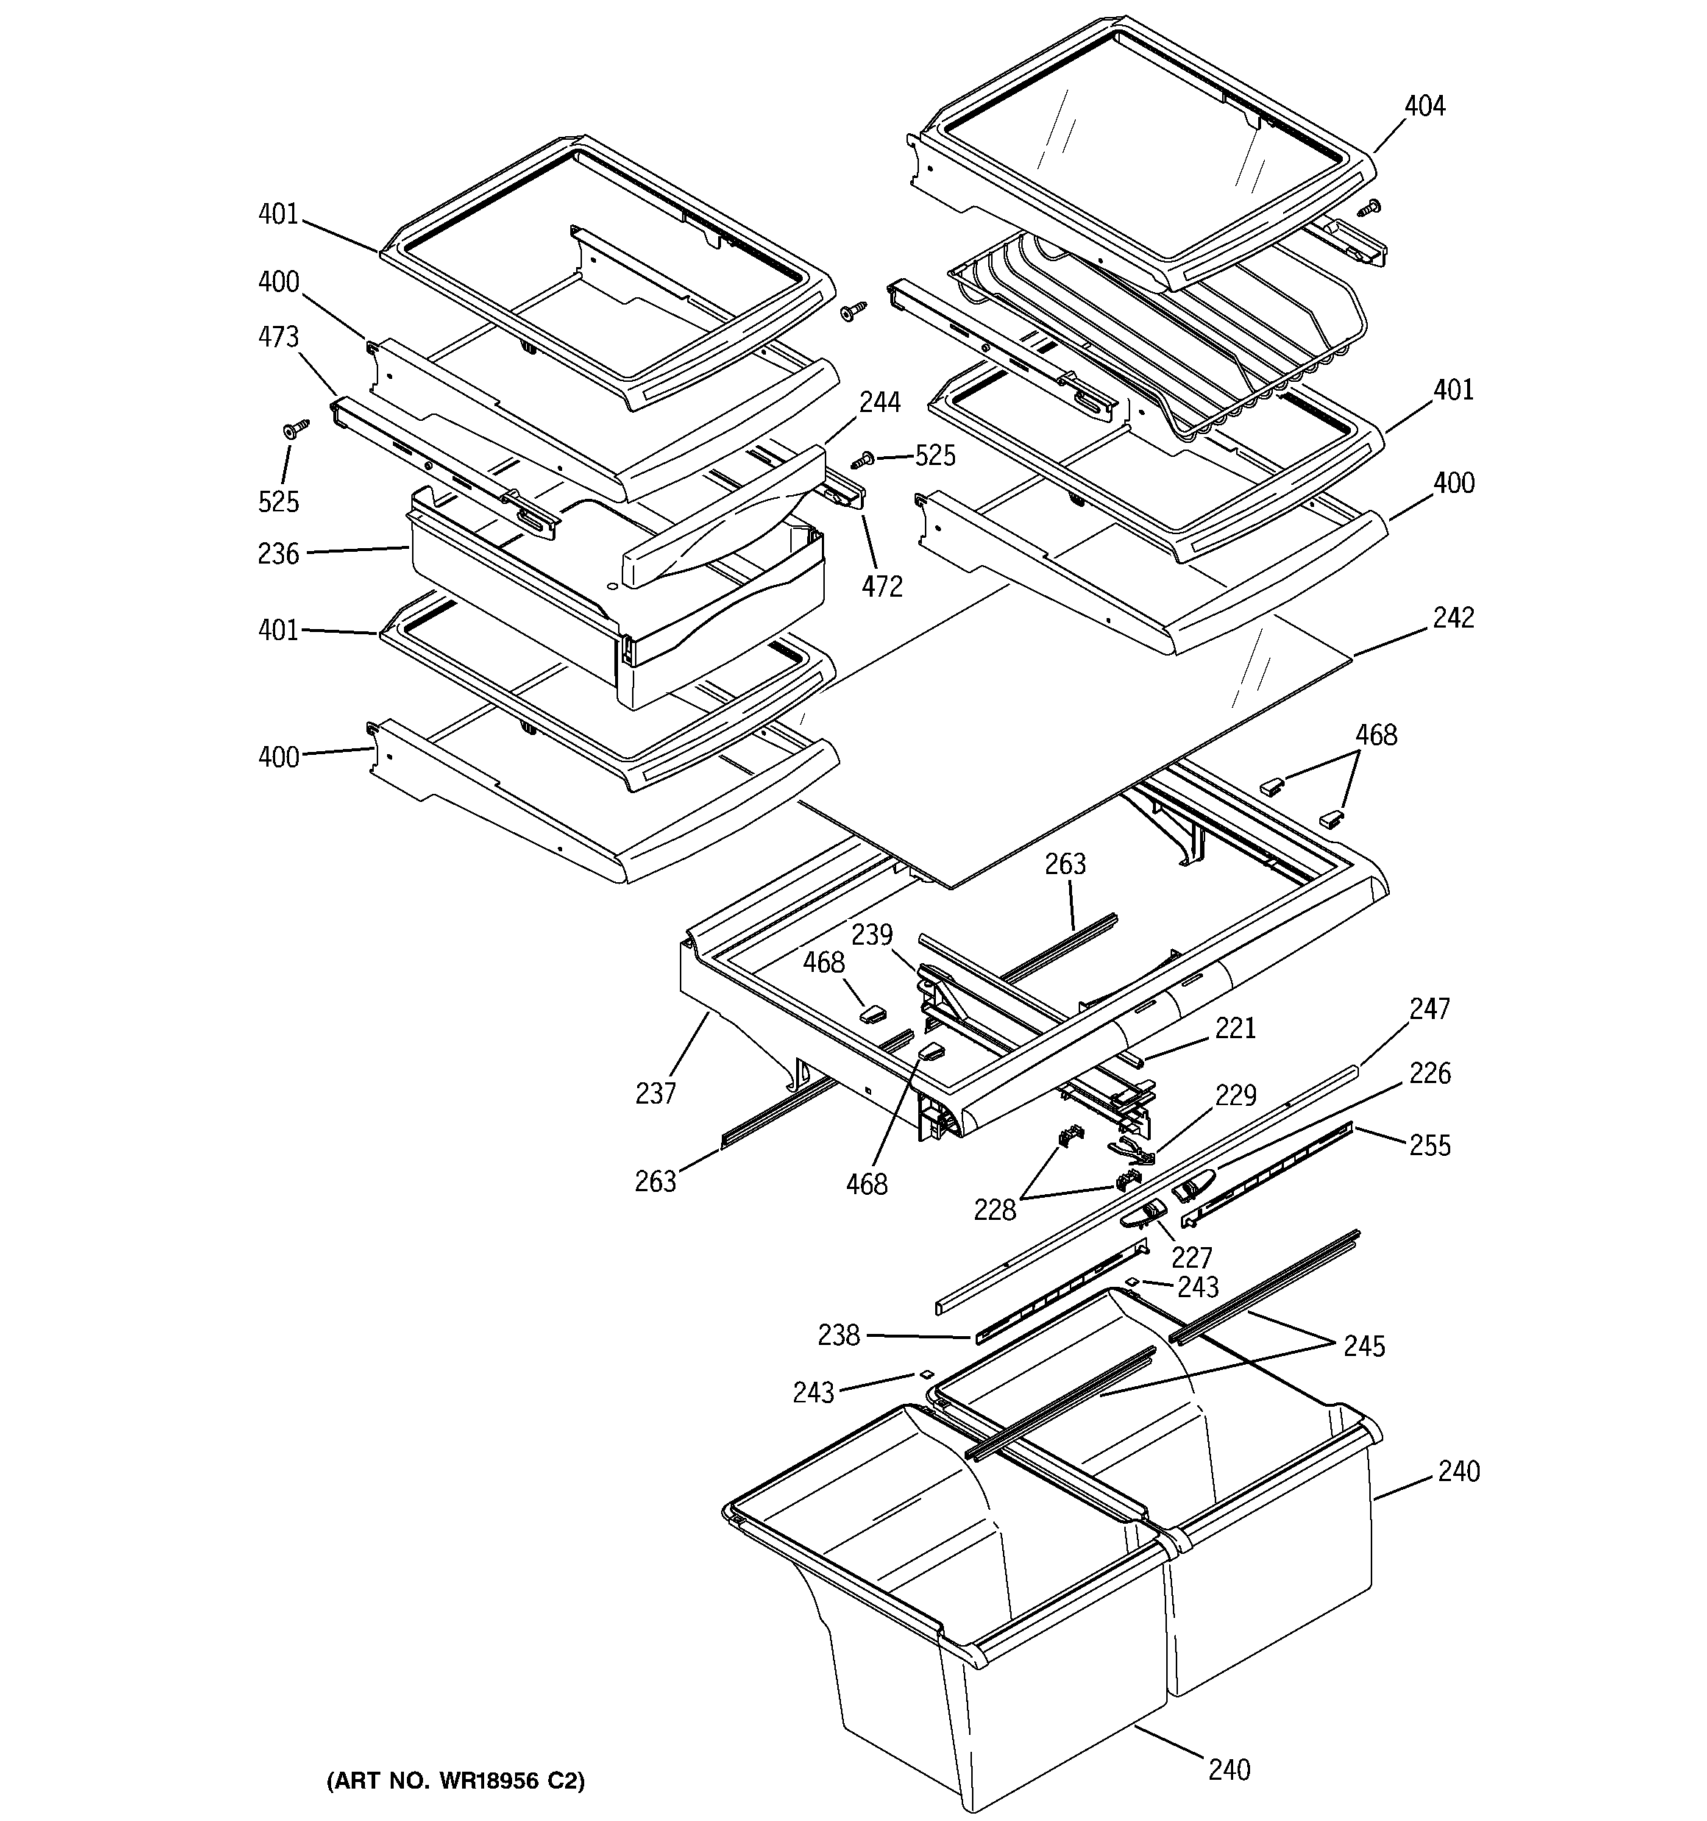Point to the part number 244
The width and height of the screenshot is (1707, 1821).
879,402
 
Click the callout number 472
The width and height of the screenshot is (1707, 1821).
881,586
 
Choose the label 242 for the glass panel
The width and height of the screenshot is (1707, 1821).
1453,617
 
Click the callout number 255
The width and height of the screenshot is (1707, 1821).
1430,1145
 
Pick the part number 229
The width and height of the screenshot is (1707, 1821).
1235,1095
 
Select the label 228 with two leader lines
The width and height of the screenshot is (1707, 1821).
995,1210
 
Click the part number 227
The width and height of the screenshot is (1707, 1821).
1191,1257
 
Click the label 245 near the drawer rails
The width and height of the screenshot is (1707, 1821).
1363,1346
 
